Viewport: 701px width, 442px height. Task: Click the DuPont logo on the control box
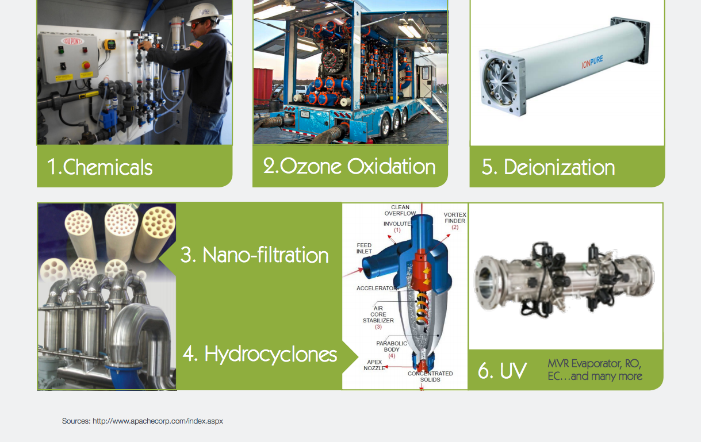click(x=72, y=41)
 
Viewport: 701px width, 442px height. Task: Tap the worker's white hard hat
click(x=204, y=14)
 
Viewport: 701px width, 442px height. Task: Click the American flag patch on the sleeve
click(x=196, y=44)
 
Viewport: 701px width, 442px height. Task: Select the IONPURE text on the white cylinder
click(x=592, y=62)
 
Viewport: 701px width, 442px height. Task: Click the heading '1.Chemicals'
click(x=100, y=167)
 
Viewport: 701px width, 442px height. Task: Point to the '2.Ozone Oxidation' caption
click(x=349, y=166)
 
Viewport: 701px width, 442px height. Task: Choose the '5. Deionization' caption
click(x=548, y=167)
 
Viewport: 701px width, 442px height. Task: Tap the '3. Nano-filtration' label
click(x=254, y=255)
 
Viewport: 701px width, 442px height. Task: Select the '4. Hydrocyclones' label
click(x=260, y=355)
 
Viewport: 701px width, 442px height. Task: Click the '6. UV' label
click(x=503, y=371)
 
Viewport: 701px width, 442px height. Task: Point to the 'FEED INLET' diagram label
click(x=364, y=248)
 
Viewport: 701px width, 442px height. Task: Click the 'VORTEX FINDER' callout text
click(x=455, y=218)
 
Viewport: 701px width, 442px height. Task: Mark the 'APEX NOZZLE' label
click(x=374, y=365)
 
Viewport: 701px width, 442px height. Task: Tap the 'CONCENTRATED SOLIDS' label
click(x=430, y=376)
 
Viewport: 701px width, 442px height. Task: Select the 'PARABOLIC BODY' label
click(x=392, y=347)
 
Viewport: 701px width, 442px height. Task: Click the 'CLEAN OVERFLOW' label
click(x=400, y=210)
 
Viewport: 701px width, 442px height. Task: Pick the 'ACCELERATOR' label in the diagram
click(x=377, y=288)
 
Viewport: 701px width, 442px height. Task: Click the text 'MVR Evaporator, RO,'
click(x=594, y=364)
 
